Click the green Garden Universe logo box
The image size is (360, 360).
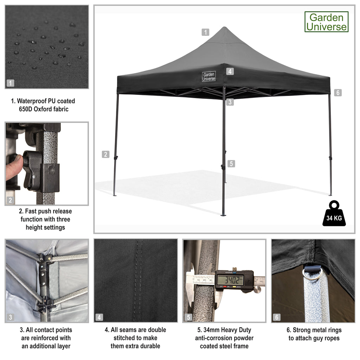pyautogui.click(x=326, y=22)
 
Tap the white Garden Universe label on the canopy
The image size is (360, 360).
pyautogui.click(x=209, y=76)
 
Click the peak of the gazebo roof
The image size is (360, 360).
pyautogui.click(x=224, y=27)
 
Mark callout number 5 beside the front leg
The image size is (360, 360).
pyautogui.click(x=231, y=164)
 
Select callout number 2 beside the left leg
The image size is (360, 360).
pyautogui.click(x=105, y=154)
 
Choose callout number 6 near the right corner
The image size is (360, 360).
pyautogui.click(x=338, y=92)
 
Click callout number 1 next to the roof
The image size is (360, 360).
pyautogui.click(x=205, y=32)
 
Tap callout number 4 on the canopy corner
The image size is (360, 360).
pyautogui.click(x=230, y=71)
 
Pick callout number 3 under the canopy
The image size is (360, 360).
pyautogui.click(x=230, y=102)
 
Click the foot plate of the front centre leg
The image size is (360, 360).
pyautogui.click(x=223, y=215)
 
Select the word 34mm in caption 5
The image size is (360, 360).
pyautogui.click(x=211, y=330)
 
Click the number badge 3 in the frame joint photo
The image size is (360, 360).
pyautogui.click(x=10, y=317)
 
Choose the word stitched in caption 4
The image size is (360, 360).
pyautogui.click(x=125, y=338)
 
